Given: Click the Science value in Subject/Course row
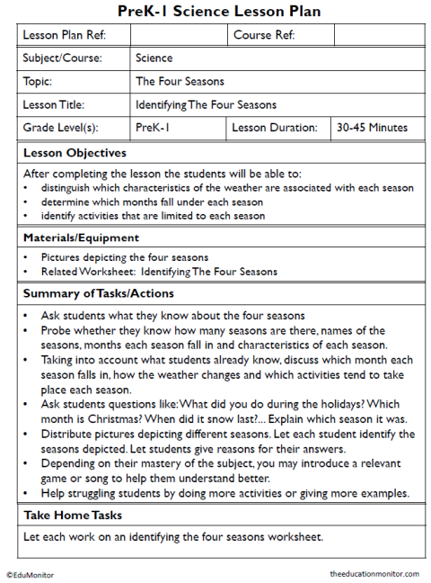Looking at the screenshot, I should [x=154, y=58].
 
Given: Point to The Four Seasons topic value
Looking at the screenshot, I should [x=180, y=81].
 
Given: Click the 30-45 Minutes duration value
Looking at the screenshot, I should [x=372, y=128].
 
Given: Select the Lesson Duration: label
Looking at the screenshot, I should [x=273, y=128].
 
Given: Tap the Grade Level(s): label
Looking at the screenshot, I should [x=60, y=128].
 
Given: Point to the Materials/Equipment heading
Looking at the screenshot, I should [x=81, y=238].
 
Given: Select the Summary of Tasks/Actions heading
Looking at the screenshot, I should [x=99, y=293].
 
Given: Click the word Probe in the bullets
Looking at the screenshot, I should [x=56, y=330].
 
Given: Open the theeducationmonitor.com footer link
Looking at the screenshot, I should [x=374, y=573].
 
